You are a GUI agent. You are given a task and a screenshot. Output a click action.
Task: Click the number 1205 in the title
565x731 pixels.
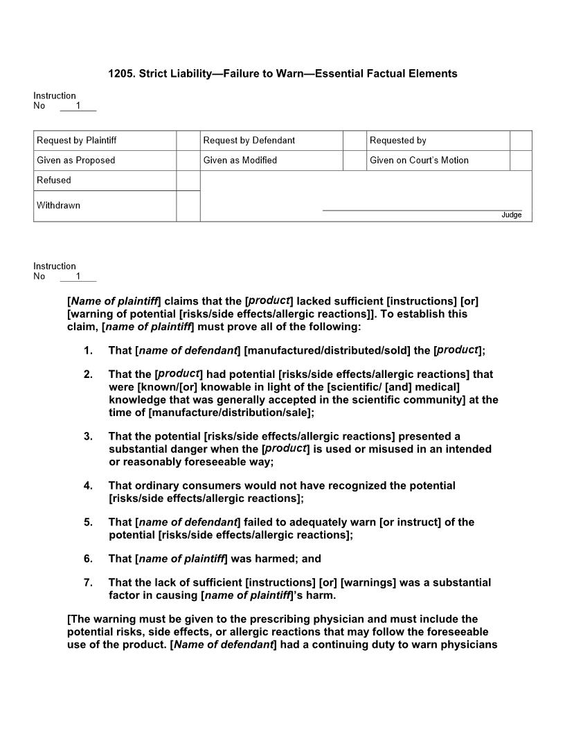coord(120,73)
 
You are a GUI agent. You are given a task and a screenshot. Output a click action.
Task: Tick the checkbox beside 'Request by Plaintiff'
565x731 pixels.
coord(188,141)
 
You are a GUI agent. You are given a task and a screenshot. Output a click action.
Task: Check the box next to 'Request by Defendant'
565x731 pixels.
coord(354,141)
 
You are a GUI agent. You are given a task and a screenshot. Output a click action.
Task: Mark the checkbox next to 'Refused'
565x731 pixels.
coord(188,181)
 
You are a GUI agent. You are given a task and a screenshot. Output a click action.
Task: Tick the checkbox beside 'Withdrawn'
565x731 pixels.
coord(188,206)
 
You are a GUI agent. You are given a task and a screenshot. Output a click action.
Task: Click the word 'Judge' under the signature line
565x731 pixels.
coord(511,215)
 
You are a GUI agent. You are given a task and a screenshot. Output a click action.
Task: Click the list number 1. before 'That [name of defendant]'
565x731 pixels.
coord(88,351)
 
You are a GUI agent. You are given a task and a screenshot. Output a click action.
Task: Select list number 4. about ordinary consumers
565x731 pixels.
coord(88,486)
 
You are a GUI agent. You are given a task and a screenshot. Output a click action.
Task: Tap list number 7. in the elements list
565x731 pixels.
coord(88,583)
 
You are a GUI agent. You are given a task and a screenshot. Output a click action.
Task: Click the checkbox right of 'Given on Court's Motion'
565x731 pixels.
coord(521,161)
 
